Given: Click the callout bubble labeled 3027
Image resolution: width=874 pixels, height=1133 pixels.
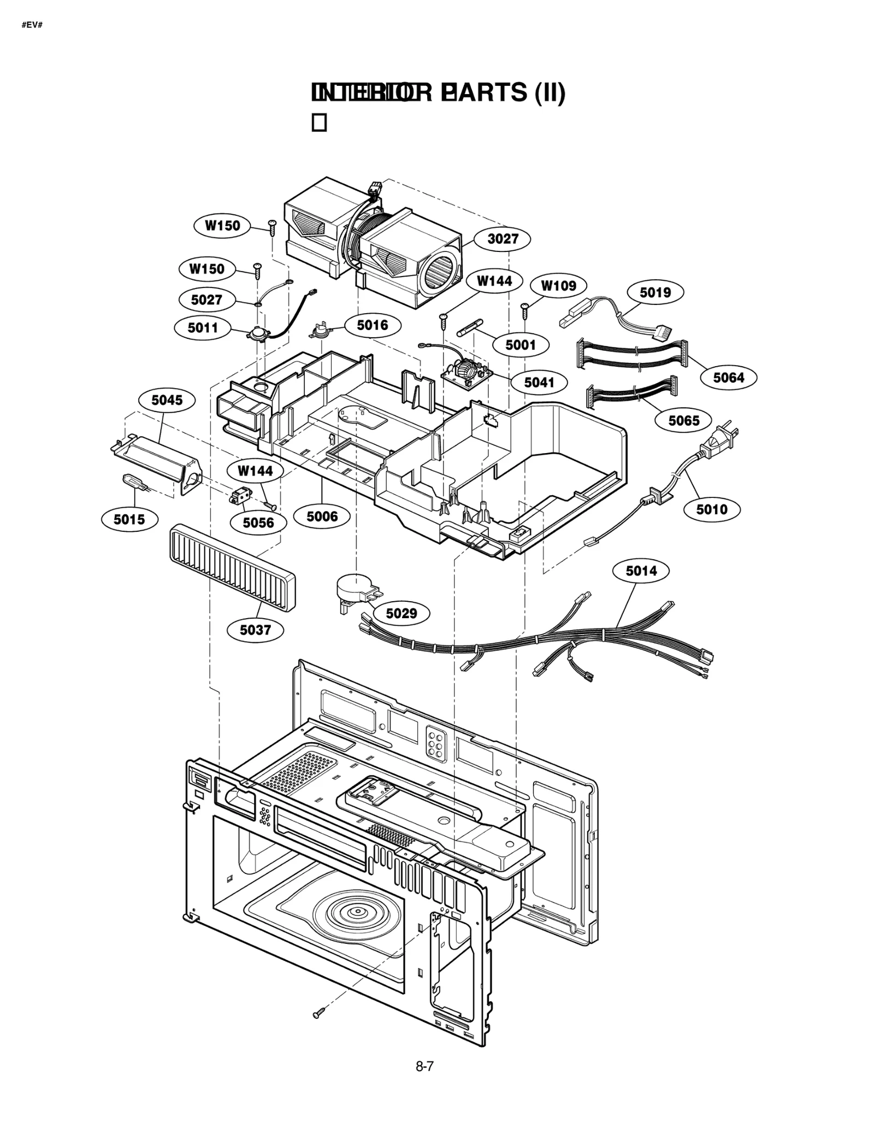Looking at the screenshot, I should pyautogui.click(x=502, y=239).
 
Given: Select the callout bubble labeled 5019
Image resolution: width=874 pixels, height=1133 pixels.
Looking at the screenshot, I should pyautogui.click(x=655, y=292).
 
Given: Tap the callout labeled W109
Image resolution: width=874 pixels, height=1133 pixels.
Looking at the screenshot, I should pyautogui.click(x=558, y=286).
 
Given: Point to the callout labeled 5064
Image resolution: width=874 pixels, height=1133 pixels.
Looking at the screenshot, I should pyautogui.click(x=729, y=378).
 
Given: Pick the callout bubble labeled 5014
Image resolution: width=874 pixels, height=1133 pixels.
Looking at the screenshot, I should pyautogui.click(x=641, y=571).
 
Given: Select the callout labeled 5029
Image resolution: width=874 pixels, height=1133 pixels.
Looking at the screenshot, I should pyautogui.click(x=401, y=613).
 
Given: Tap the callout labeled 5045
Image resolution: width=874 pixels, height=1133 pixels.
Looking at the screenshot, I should pyautogui.click(x=167, y=400).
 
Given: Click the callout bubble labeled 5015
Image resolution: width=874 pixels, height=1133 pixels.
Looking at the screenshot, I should pyautogui.click(x=129, y=519).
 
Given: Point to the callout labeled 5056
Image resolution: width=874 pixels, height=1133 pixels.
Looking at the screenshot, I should pyautogui.click(x=258, y=523).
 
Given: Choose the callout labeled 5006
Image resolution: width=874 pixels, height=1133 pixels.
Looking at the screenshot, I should pyautogui.click(x=322, y=516).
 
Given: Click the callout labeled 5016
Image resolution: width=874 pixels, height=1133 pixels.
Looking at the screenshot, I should pyautogui.click(x=373, y=326).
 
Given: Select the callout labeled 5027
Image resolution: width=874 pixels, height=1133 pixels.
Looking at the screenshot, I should pyautogui.click(x=206, y=300).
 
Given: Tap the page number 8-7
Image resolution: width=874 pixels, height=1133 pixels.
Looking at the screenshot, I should pyautogui.click(x=424, y=1066).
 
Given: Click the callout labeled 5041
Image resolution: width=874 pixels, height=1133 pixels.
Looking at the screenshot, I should pyautogui.click(x=539, y=382).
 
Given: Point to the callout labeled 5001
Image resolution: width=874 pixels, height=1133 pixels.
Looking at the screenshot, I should pyautogui.click(x=520, y=345).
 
